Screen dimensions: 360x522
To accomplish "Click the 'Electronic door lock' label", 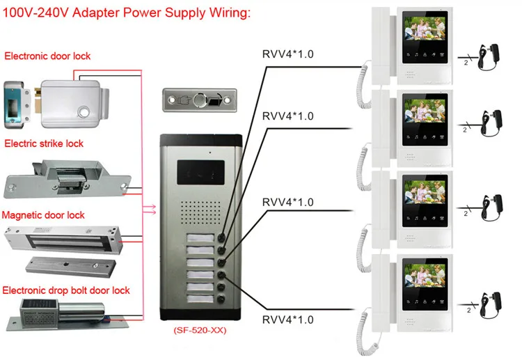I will click(x=47, y=56).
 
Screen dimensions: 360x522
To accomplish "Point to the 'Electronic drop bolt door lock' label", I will click(x=65, y=290).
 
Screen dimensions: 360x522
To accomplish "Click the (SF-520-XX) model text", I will click(x=200, y=331).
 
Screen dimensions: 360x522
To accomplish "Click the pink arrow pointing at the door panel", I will click(x=148, y=207).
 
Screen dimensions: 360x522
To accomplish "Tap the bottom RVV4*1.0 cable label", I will click(x=287, y=320).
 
